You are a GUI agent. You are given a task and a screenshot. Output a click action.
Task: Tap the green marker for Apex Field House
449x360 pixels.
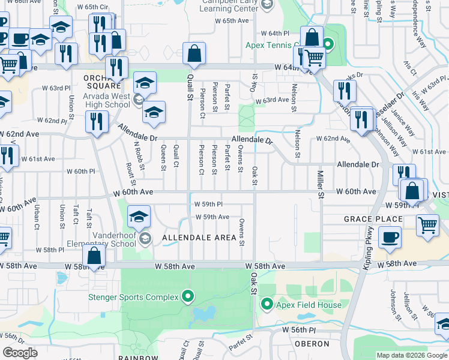[x=267, y=305]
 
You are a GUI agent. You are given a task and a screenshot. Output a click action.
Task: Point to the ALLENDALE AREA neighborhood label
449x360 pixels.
[x=199, y=238]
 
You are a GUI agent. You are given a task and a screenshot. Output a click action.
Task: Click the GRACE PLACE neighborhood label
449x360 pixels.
[x=373, y=219]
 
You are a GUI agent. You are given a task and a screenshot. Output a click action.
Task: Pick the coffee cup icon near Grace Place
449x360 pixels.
[x=390, y=236]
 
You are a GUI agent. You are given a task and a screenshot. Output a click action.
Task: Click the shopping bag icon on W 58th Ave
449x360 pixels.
[x=94, y=256]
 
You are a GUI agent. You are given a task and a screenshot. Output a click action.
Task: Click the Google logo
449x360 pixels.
[x=20, y=353]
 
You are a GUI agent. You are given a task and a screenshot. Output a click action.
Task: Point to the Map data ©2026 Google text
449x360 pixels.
[x=411, y=355]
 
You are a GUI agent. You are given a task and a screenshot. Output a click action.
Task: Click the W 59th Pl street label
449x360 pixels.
[x=212, y=204]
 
